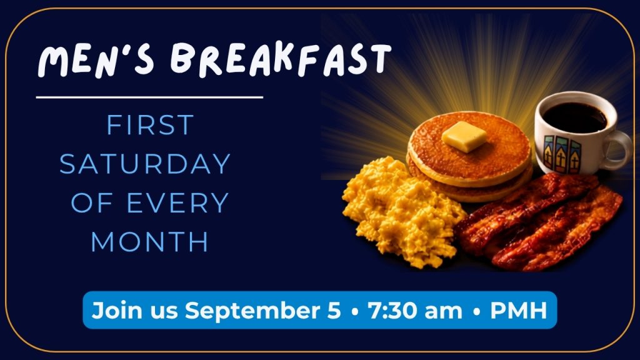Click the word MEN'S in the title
[x=96, y=61]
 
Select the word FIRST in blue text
[x=150, y=125]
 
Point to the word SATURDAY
[x=145, y=164]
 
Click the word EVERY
[x=177, y=203]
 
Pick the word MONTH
[x=150, y=242]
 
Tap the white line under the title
[x=149, y=97]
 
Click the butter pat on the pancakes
[x=464, y=136]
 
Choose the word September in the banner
[x=262, y=311]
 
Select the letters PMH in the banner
[x=518, y=310]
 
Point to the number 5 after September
[x=334, y=310]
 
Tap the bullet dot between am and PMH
[x=476, y=311]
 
